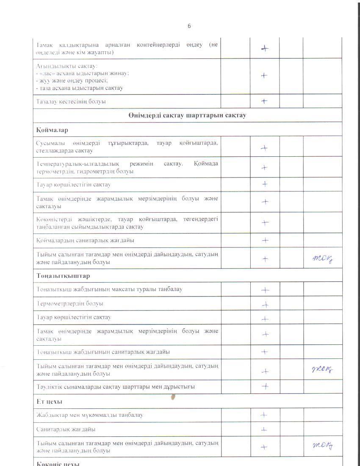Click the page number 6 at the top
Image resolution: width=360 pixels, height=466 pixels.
coord(189,26)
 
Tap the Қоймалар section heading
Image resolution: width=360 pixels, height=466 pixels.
coord(52,130)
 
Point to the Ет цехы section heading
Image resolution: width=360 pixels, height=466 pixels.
coord(49,401)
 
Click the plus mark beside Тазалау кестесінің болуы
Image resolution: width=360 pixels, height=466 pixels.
coord(264,101)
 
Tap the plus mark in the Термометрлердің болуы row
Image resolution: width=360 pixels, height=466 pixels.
coord(265,304)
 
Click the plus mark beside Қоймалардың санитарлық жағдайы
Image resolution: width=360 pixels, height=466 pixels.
coord(265,240)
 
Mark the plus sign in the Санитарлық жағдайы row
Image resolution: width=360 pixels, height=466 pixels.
coord(264,429)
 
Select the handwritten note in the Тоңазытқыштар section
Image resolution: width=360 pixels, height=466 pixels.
coord(322,370)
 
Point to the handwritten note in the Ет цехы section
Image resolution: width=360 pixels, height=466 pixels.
coord(322,445)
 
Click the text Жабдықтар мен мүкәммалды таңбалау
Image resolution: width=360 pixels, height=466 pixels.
coord(89,415)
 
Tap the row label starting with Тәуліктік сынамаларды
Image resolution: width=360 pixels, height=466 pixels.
coord(115,387)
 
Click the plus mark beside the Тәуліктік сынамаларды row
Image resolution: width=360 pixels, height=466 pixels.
coord(265,386)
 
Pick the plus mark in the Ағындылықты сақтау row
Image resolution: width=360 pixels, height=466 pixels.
coord(264,75)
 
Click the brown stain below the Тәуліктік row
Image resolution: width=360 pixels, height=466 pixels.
coord(173,397)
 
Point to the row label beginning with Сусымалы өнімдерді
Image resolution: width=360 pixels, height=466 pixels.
coord(127,147)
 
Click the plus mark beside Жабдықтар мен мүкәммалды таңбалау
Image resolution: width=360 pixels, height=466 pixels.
coord(264,415)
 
